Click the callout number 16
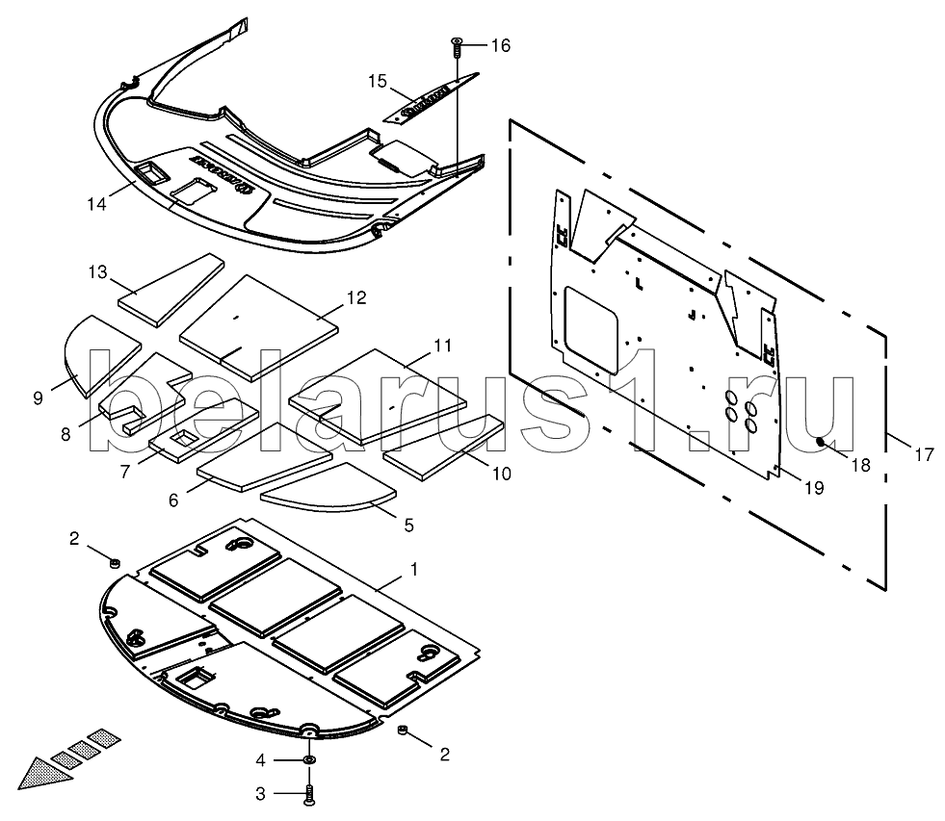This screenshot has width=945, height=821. tap(500, 46)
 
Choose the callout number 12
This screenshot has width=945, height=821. tap(355, 298)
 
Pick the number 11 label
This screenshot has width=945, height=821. tap(442, 345)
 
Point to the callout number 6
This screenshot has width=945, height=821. tap(173, 500)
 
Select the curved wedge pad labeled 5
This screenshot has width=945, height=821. tap(328, 491)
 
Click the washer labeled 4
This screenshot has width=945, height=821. tap(309, 760)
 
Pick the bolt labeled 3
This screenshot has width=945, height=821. tap(309, 795)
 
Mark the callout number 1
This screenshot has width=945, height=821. tap(414, 570)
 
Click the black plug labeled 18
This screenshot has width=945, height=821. tap(822, 443)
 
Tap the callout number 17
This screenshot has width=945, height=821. tap(924, 455)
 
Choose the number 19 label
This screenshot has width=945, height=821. tap(813, 488)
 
